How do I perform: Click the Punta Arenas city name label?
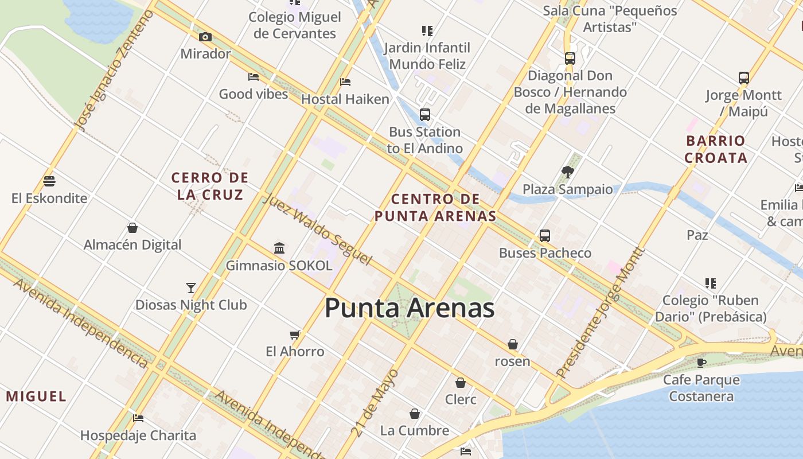click(x=409, y=309)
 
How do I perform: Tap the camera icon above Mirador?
click(x=205, y=37)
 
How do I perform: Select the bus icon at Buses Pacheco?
click(x=544, y=235)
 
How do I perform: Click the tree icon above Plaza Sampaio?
click(x=568, y=172)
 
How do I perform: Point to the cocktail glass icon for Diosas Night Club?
click(x=191, y=287)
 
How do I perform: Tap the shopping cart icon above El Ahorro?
click(x=295, y=334)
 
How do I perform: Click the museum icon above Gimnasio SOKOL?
click(x=279, y=248)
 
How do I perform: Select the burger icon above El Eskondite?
click(x=49, y=181)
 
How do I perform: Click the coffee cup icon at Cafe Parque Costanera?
click(x=701, y=362)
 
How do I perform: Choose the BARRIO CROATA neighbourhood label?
click(x=715, y=149)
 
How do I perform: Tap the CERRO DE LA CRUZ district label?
click(x=210, y=186)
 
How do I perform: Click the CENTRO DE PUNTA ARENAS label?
click(x=435, y=208)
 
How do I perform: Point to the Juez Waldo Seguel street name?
click(x=317, y=229)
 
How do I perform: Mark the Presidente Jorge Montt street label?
click(x=601, y=313)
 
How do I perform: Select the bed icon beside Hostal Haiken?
click(x=345, y=81)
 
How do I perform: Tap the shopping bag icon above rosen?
click(x=513, y=344)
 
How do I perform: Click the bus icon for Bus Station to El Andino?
click(x=424, y=114)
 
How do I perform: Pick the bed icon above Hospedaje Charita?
click(x=138, y=418)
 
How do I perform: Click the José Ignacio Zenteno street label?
click(x=114, y=71)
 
